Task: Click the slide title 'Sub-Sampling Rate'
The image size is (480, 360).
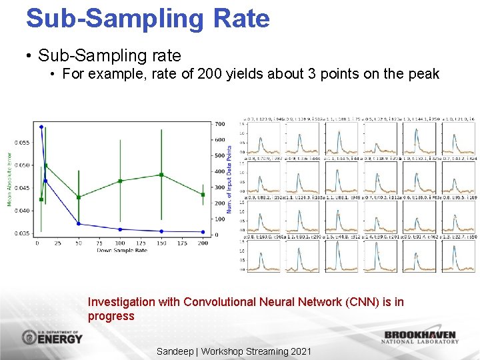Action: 147,18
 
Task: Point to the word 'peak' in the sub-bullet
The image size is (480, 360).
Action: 423,74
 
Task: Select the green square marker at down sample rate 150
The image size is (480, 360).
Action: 161,175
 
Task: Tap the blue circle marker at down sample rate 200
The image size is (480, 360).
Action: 203,232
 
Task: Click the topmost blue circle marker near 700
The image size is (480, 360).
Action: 41,127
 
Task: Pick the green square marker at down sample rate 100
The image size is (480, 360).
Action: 120,181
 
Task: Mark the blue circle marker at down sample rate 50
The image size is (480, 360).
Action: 79,223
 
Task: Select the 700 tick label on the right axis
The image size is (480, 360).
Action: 219,124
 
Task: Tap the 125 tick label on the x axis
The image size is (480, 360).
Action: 141,244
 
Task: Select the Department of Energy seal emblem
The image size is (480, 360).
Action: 30,337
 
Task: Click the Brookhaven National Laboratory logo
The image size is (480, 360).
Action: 420,337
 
